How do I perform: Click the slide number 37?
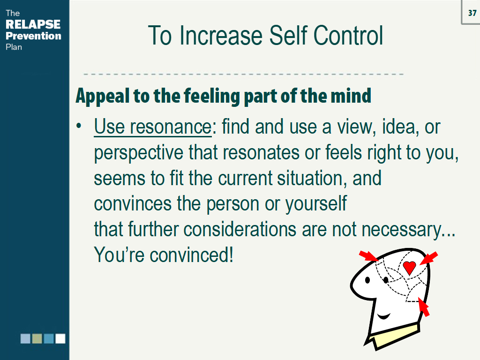click(x=472, y=13)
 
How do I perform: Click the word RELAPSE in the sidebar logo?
click(x=33, y=24)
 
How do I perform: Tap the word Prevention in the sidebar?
click(x=33, y=36)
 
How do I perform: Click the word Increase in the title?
click(x=221, y=36)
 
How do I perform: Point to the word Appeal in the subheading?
click(x=103, y=96)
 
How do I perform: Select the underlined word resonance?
click(x=171, y=127)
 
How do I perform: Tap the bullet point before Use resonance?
click(x=79, y=126)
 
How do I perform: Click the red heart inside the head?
click(x=409, y=268)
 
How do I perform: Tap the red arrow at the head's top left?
click(x=369, y=256)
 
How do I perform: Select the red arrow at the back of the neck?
click(x=424, y=307)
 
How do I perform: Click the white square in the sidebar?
click(x=60, y=338)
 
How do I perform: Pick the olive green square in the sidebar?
click(x=37, y=338)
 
